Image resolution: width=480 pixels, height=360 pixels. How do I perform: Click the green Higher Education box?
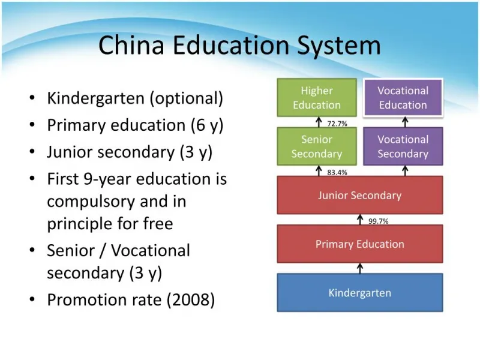[317, 97]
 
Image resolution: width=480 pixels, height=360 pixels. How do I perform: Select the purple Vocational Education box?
[403, 97]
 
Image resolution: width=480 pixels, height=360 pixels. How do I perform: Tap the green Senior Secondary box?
[317, 146]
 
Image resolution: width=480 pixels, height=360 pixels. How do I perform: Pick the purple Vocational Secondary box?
[403, 146]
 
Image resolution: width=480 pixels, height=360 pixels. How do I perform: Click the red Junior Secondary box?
[360, 195]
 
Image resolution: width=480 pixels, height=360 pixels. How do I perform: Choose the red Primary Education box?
[360, 244]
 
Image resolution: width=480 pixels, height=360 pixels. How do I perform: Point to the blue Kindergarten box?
[360, 293]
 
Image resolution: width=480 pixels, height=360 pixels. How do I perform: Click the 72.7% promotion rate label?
[337, 124]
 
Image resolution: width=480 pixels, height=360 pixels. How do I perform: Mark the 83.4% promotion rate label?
[337, 172]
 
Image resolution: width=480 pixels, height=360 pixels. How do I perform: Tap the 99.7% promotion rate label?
[379, 221]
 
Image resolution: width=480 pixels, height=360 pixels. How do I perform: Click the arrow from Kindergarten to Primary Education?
[360, 268]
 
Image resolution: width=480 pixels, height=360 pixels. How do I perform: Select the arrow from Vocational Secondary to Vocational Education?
[405, 122]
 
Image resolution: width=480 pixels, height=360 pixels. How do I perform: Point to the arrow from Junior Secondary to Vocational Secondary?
[405, 171]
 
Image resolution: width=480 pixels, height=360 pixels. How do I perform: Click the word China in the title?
[131, 45]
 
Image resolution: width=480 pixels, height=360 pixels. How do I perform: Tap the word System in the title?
[339, 47]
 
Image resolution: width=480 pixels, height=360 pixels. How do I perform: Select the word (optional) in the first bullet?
[187, 98]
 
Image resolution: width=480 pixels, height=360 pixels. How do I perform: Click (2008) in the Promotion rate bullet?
[191, 300]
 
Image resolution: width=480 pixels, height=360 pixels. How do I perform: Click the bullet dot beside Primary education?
[32, 125]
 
